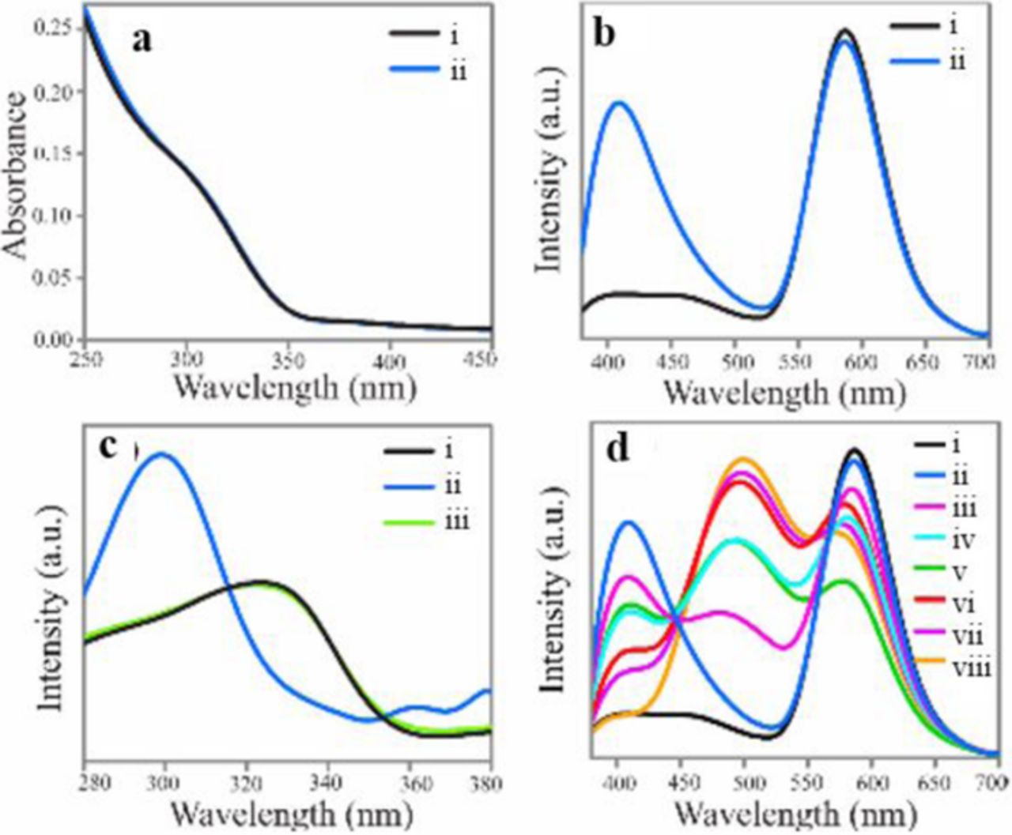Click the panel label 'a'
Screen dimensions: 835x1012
point(142,39)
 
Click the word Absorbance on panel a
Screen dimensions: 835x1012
point(17,175)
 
